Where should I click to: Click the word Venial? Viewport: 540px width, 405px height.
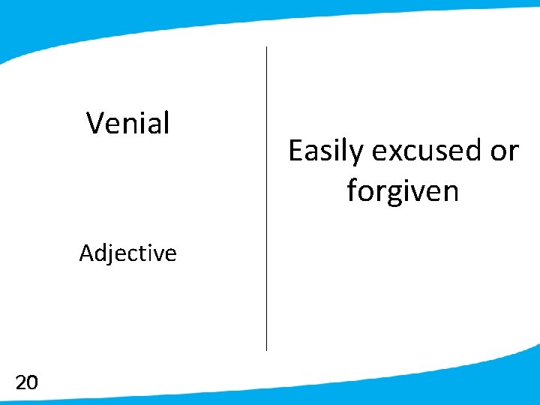(x=128, y=123)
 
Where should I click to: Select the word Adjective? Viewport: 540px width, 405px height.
(x=128, y=253)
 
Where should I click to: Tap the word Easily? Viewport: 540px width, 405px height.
(x=326, y=151)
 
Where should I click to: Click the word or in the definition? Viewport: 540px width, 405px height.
(x=504, y=151)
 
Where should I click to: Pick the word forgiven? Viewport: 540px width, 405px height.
(x=403, y=191)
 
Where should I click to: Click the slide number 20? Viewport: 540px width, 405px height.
(x=26, y=383)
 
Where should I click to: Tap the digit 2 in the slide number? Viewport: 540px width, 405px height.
(x=21, y=383)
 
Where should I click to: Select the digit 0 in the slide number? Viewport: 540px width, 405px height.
(x=31, y=383)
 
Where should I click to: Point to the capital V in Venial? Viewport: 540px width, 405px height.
(x=95, y=123)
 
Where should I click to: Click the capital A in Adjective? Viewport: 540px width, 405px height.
(x=87, y=253)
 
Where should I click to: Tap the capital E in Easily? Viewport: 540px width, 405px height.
(x=296, y=151)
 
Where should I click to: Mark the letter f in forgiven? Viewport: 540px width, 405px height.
(x=352, y=190)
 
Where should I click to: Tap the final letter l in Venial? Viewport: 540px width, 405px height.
(x=166, y=122)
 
